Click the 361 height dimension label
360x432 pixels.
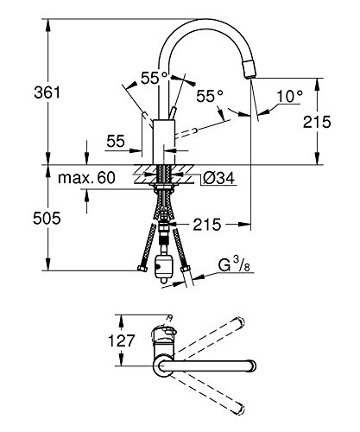(47, 92)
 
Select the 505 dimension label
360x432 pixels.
(47, 218)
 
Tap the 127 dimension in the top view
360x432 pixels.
(121, 340)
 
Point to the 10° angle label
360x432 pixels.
(290, 96)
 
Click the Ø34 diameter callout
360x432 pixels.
(218, 178)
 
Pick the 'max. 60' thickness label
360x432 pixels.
(86, 178)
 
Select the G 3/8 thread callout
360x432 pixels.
(234, 264)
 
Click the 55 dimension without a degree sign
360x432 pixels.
(116, 141)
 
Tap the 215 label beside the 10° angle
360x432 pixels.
(317, 122)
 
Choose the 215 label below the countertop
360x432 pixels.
(207, 224)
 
